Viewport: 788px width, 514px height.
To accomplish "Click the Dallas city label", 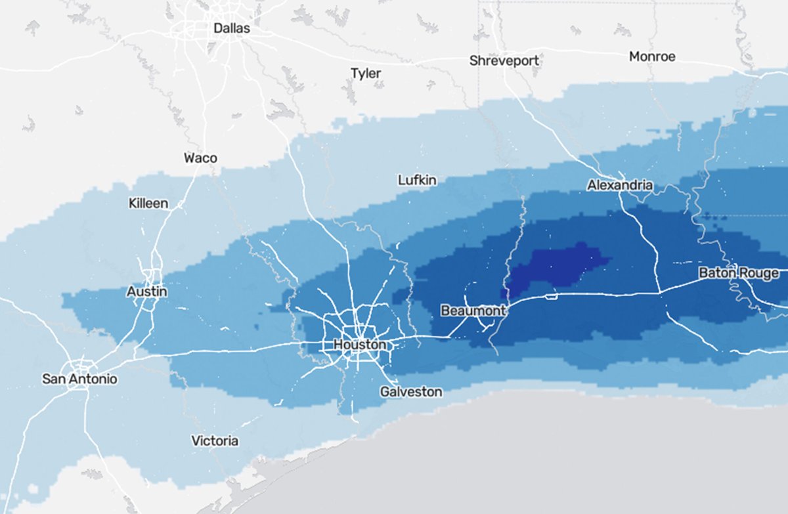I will pos(232,28).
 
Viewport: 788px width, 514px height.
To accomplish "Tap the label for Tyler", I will pos(366,73).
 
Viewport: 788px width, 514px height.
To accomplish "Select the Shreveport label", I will pos(504,60).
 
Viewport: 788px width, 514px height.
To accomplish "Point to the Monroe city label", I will pos(652,56).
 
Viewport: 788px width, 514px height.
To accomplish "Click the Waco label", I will pos(200,158).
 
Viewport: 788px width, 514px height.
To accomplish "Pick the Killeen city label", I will pos(148,203).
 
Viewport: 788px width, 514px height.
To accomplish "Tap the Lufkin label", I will pos(417,180).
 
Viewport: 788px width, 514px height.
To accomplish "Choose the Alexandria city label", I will pos(620,185).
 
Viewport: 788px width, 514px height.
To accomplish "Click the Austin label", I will pos(147,291).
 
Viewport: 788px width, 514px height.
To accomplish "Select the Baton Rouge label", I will pos(739,272).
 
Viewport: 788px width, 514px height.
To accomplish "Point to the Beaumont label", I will pos(473,310).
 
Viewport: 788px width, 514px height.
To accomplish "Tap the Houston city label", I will pos(360,344).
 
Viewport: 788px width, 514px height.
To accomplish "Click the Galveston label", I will pos(411,391).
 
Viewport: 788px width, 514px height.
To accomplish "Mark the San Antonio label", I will pos(79,379).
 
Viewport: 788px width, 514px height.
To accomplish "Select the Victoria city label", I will pos(215,440).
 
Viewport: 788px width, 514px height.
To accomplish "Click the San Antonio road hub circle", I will pos(80,364).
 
